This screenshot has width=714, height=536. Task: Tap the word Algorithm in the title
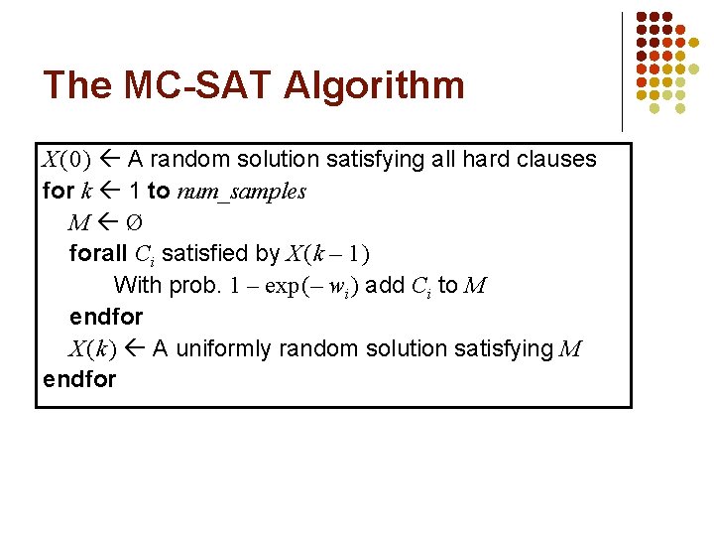click(373, 85)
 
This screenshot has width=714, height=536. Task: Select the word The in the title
click(77, 85)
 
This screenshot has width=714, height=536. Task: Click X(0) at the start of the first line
click(66, 160)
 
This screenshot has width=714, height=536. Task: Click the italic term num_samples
click(241, 192)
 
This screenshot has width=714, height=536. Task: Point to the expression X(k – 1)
click(327, 255)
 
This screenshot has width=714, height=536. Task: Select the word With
click(138, 286)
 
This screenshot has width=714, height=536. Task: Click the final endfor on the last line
click(79, 380)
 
